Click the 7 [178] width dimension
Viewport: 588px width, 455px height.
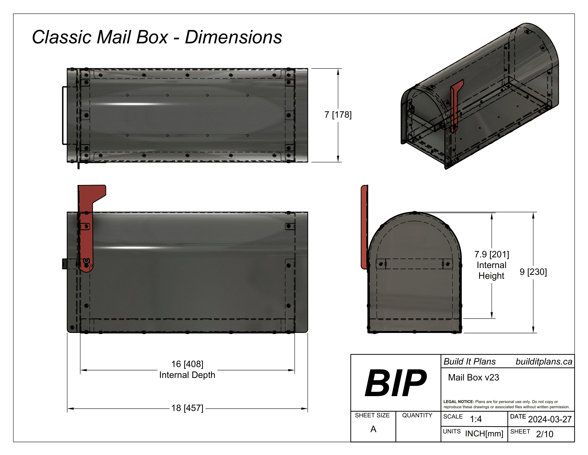click(338, 115)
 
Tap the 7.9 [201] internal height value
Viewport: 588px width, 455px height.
click(491, 255)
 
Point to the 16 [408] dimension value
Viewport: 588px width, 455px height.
click(187, 364)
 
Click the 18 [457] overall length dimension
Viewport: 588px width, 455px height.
click(187, 408)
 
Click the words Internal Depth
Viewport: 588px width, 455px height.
click(187, 375)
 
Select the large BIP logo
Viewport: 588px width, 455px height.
click(396, 383)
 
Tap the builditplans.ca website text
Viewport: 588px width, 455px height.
click(544, 362)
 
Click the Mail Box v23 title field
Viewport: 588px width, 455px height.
click(473, 378)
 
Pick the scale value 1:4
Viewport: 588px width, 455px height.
click(475, 419)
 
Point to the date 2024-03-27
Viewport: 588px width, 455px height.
click(550, 419)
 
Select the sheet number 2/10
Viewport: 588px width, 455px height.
click(544, 434)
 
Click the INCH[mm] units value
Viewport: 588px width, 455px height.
click(484, 434)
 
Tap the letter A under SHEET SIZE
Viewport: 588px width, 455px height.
click(373, 429)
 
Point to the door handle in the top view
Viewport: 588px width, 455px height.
click(64, 115)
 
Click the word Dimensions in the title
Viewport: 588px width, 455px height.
click(233, 37)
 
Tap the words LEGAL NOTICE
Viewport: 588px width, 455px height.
click(458, 402)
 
